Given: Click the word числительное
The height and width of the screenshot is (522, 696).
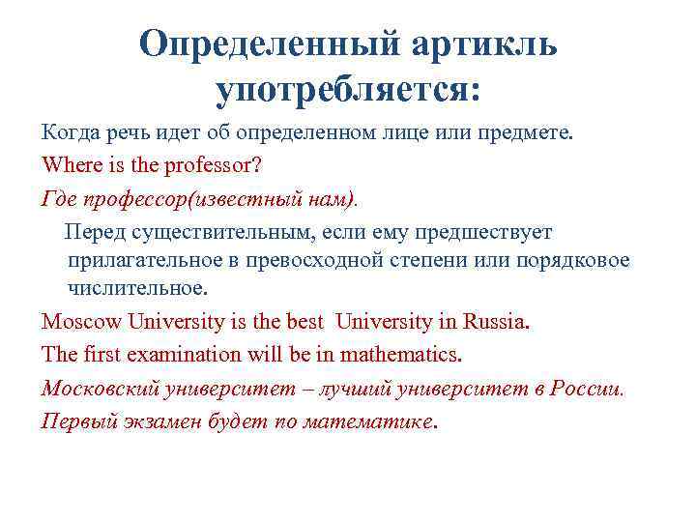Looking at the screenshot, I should pos(136,288).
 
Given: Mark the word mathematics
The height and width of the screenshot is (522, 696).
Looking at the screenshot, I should pos(403,355).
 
